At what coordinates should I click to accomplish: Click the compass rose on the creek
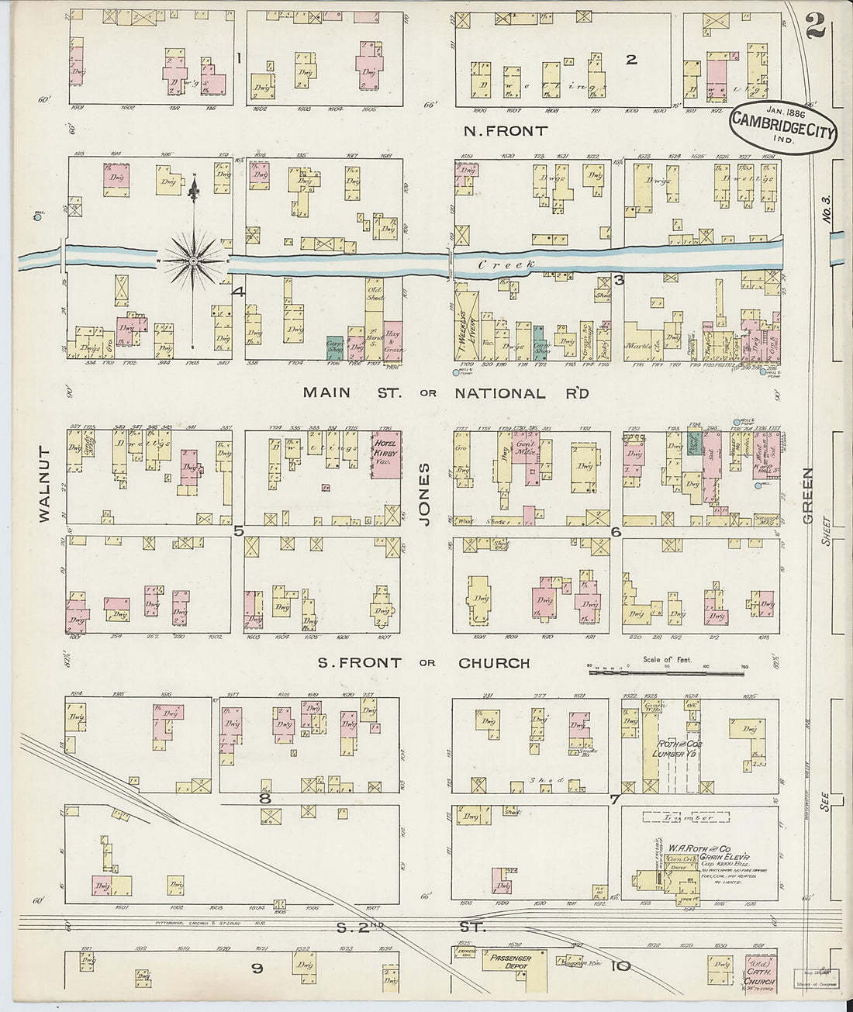point(193,261)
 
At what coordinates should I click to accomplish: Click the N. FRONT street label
point(505,131)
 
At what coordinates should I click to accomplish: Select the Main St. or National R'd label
point(446,392)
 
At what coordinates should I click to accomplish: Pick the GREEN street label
point(807,497)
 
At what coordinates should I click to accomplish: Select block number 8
point(264,798)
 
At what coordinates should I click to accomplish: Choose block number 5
point(238,531)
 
